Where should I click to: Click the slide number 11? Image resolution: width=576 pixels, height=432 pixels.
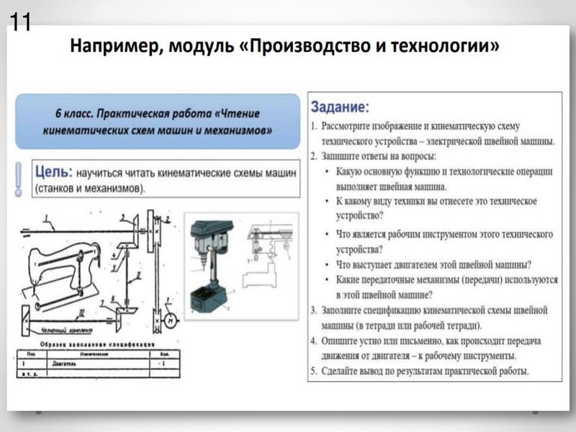pos(19,22)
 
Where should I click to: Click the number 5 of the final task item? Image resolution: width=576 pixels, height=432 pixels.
pos(314,372)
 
